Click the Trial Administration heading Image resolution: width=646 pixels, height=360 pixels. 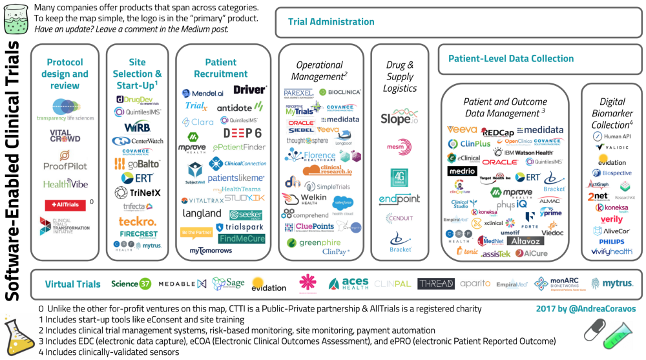(331, 22)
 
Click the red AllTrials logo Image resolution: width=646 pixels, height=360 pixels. (65, 205)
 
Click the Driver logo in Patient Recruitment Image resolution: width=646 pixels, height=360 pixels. (249, 90)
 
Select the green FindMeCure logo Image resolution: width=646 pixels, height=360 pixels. (242, 238)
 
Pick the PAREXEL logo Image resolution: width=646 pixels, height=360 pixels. (298, 93)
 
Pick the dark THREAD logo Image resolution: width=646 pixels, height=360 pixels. (435, 284)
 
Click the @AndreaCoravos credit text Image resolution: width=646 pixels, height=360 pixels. (585, 309)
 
